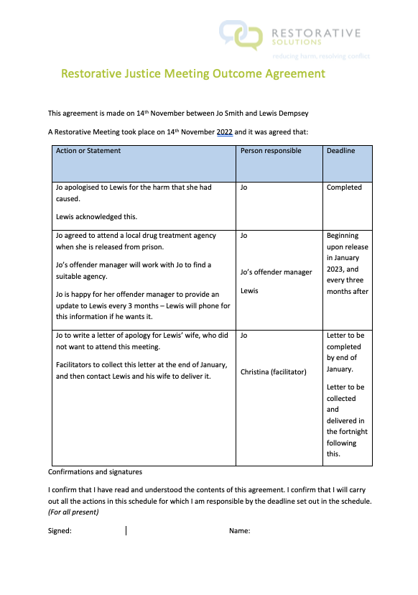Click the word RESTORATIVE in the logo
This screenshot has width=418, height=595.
coord(316,32)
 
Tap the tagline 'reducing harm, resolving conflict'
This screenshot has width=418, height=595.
coord(321,55)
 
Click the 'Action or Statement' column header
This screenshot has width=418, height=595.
coord(88,151)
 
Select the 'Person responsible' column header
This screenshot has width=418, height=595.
coord(271,151)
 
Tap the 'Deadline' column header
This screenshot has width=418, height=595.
coord(340,151)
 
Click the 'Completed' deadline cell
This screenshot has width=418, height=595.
coord(344,188)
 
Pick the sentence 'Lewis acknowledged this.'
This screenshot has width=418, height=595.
coord(96,216)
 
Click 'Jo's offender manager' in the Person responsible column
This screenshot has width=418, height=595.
coord(277,272)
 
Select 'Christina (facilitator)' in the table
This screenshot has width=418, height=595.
coord(273,372)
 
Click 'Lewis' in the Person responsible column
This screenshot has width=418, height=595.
coord(249,291)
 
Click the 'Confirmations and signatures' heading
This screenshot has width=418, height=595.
coord(95,472)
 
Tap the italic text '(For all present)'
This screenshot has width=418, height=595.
coord(73,512)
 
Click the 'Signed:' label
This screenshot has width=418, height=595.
coord(60,531)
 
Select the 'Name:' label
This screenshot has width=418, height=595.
coord(239,531)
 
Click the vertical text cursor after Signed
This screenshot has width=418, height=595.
coord(126,531)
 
